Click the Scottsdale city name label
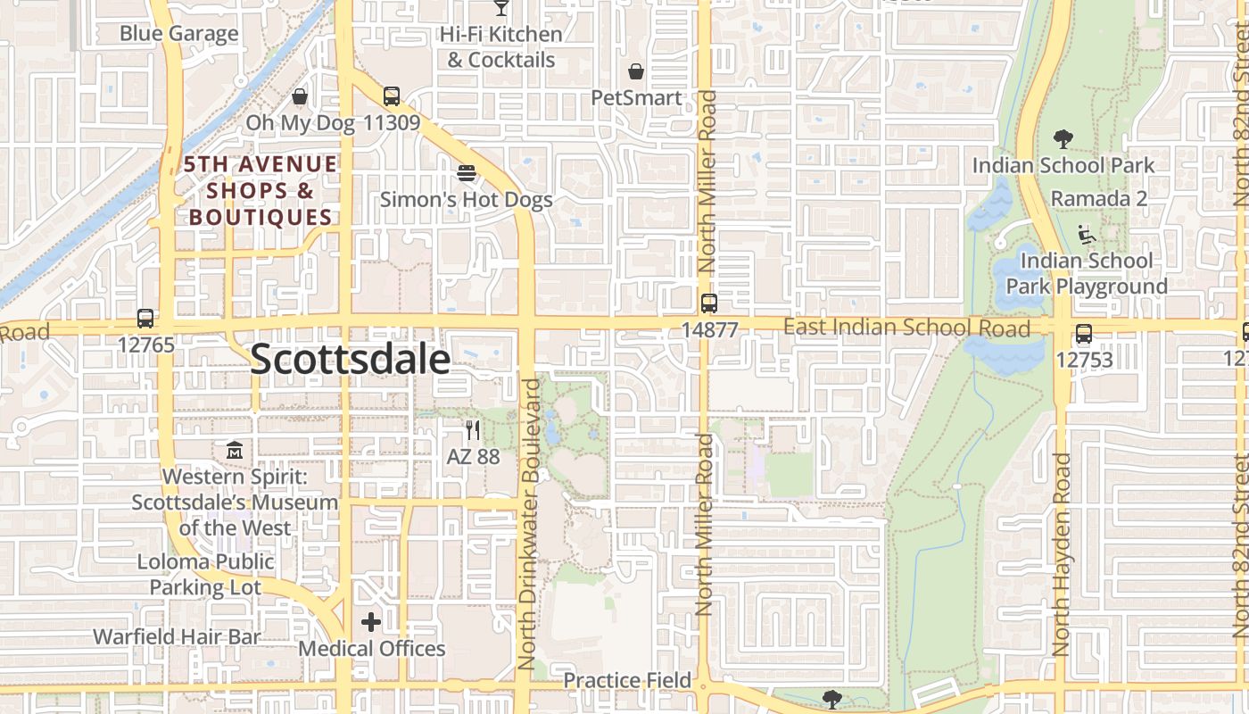coord(350,359)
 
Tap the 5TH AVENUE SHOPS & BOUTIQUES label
coord(261,190)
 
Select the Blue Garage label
coord(179,34)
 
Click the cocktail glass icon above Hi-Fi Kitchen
coord(500,7)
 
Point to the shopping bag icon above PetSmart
coord(636,71)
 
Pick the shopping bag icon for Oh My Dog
coord(300,96)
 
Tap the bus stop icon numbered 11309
coord(391,96)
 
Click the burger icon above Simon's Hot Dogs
coord(466,172)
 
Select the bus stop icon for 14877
coord(709,303)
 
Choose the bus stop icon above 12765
coord(145,318)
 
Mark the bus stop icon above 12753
coord(1084,334)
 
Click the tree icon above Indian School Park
coord(1063,139)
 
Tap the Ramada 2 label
coord(1099,198)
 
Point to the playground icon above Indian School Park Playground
coord(1087,235)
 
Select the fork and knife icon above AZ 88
coord(473,430)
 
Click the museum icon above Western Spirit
coord(235,451)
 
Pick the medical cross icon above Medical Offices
coord(371,622)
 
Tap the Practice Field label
coord(627,680)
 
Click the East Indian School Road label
coord(906,328)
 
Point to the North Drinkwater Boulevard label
coord(531,524)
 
